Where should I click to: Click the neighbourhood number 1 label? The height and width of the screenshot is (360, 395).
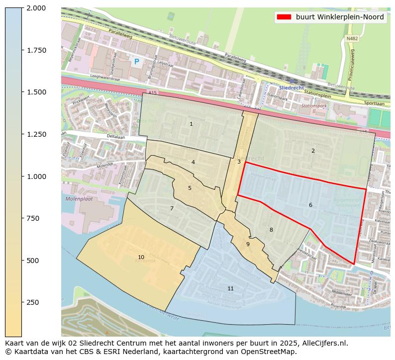coord(191,124)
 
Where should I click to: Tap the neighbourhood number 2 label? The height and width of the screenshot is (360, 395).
coord(313,151)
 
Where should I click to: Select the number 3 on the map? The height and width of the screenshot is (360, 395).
coord(239,162)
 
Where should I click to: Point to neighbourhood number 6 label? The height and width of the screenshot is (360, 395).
coord(310,205)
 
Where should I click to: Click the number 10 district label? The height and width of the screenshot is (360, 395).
coord(141,257)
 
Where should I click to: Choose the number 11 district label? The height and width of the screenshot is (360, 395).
coord(230,288)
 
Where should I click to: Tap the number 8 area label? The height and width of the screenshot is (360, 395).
coord(271,230)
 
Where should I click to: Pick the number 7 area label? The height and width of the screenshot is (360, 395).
coord(172,208)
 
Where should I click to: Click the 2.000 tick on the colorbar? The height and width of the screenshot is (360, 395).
coord(36,8)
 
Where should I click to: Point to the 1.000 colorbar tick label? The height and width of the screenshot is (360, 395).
coord(36,177)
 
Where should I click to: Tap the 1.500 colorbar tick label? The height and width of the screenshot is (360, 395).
coord(36,92)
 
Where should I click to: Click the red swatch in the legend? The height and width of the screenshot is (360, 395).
coord(284,17)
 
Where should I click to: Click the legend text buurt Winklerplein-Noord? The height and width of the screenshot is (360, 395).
coord(339,17)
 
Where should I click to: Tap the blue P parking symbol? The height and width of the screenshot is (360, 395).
coord(136,62)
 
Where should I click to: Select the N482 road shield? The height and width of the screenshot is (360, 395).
coord(352,38)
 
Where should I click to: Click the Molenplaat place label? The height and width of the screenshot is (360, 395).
coord(79,199)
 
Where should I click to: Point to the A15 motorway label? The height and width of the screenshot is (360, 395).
coord(152,92)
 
